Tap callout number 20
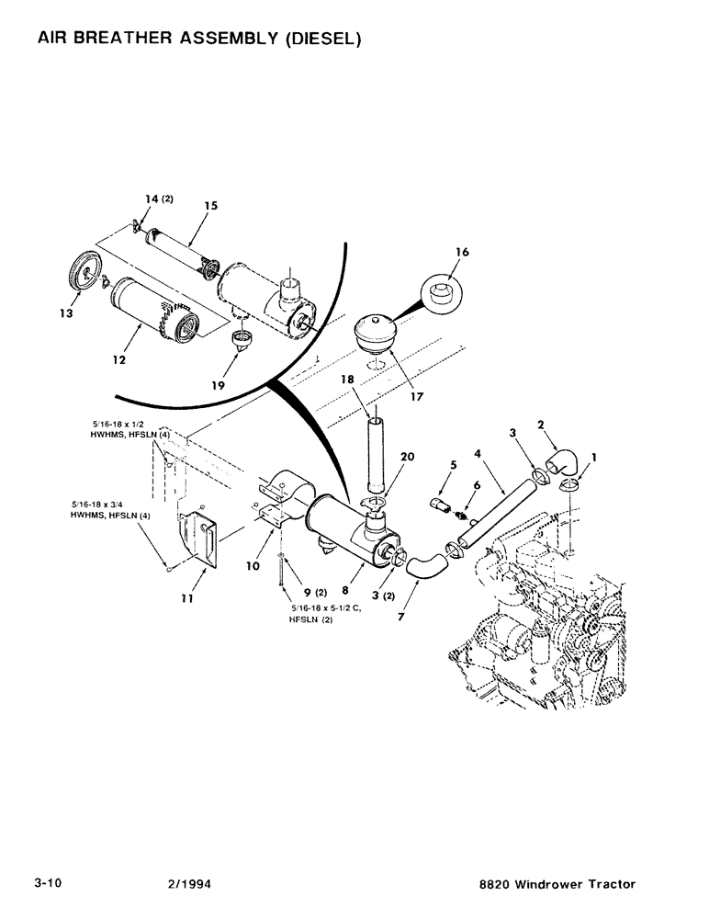[x=407, y=458]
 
